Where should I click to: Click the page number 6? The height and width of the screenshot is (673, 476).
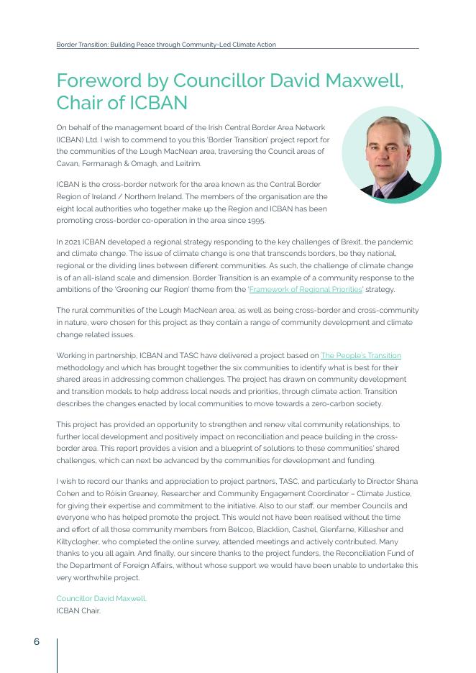tap(37, 642)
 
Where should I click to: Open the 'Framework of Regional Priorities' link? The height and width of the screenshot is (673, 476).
tap(306, 290)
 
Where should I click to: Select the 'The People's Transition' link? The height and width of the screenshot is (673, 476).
tap(361, 356)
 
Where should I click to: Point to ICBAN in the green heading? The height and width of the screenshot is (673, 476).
tap(157, 103)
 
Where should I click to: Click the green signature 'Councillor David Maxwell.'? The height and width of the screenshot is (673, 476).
tap(101, 598)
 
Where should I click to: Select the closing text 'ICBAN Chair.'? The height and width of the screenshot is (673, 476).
tap(78, 611)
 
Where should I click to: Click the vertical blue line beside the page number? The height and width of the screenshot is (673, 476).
tap(57, 654)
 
